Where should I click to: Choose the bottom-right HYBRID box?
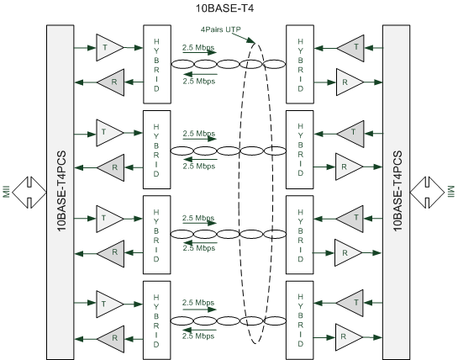click(300, 320)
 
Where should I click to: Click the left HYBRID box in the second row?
click(155, 150)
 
